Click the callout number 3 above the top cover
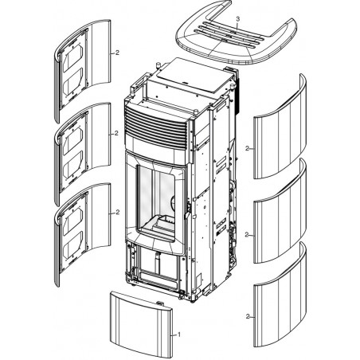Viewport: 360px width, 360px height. pos(237,19)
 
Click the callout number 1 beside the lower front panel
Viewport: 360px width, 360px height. pos(179,335)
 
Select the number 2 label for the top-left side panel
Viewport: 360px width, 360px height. pos(117,53)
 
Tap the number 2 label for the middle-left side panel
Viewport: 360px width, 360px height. pos(116,134)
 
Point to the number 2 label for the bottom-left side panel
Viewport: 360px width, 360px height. pos(118,213)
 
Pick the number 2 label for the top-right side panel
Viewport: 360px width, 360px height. pos(247,148)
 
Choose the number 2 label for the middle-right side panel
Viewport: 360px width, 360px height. pos(247,235)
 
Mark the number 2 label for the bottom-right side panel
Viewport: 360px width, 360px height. pos(248,316)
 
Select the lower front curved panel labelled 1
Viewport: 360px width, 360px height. pos(141,324)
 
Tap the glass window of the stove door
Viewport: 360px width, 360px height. pos(156,202)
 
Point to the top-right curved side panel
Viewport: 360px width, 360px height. pos(280,133)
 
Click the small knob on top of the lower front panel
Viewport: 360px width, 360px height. pos(160,303)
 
